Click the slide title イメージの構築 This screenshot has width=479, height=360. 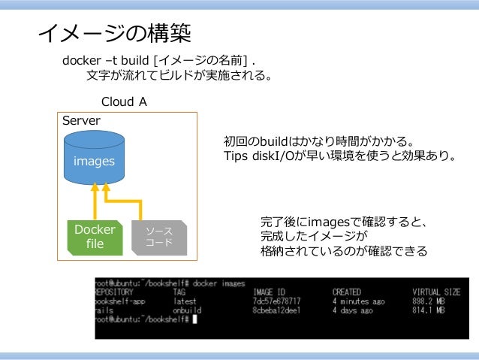(x=115, y=32)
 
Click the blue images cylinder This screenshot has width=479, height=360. (x=94, y=159)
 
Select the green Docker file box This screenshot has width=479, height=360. (x=95, y=236)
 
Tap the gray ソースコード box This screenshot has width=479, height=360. (x=159, y=236)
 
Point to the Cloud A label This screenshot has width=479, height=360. (x=124, y=101)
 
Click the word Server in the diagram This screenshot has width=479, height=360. (x=80, y=120)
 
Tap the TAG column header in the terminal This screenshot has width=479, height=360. (x=179, y=291)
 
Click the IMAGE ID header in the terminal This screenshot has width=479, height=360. (x=270, y=291)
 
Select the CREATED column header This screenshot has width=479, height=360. (x=346, y=291)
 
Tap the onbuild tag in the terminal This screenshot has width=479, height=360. (x=186, y=309)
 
